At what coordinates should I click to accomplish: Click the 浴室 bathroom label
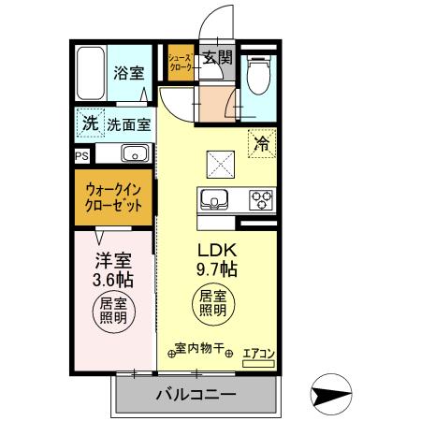point(128,72)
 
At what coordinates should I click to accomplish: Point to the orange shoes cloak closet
point(180,62)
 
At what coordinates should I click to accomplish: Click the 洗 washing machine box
point(88,122)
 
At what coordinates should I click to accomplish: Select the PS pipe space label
point(81,155)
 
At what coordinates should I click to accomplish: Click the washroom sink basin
point(131,154)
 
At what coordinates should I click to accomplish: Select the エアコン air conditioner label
point(258,354)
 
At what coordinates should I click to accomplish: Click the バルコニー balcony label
point(196,394)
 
